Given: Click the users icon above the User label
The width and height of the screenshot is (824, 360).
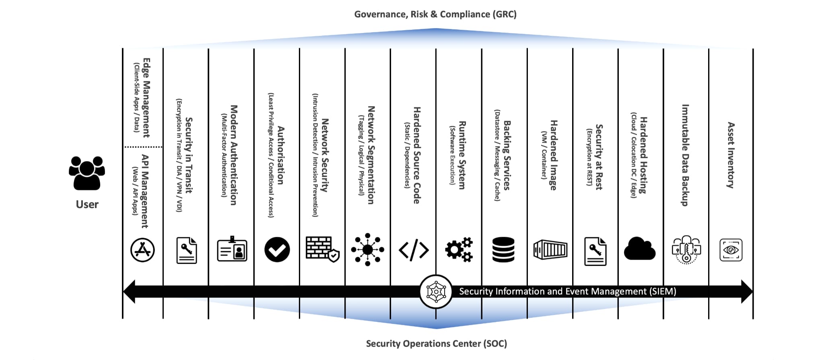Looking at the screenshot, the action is click(x=87, y=173).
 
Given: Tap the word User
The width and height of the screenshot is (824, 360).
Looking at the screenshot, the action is click(x=87, y=204).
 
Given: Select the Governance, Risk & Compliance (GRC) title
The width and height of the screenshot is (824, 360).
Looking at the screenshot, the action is click(x=435, y=14).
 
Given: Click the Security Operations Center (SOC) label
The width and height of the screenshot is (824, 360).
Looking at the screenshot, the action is click(x=437, y=344).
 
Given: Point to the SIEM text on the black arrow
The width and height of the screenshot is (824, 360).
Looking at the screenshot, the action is click(x=568, y=291).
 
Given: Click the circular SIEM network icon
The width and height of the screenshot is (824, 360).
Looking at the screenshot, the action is click(x=436, y=292).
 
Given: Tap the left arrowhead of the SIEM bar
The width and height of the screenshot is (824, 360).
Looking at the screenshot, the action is click(x=129, y=292).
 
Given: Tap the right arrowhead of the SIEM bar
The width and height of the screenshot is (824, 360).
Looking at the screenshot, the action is click(x=747, y=292).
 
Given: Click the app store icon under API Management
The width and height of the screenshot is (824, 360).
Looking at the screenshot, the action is click(x=142, y=250).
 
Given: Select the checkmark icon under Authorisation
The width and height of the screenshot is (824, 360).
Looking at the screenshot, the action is click(x=277, y=249).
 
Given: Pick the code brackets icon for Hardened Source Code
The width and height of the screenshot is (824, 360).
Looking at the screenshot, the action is click(x=414, y=250).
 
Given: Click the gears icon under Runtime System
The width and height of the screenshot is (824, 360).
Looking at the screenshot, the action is click(x=459, y=249).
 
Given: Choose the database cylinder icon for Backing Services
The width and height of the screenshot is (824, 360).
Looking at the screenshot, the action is click(x=503, y=249).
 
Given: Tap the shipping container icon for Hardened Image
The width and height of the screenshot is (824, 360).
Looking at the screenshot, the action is click(x=550, y=250).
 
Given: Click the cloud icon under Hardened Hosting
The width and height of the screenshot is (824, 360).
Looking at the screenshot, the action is click(x=640, y=249).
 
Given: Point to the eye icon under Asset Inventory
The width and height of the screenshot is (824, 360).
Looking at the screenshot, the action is click(x=731, y=250).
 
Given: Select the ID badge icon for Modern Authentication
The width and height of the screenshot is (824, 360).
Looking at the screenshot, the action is click(x=232, y=249).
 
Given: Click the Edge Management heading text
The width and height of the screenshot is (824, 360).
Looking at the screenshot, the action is click(x=147, y=98).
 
